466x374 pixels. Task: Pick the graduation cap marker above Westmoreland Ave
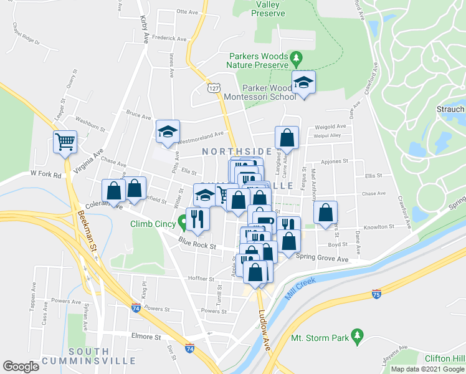[x=167, y=132]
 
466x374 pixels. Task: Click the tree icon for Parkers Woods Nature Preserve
[x=297, y=59]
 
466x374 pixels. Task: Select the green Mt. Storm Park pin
[x=357, y=335]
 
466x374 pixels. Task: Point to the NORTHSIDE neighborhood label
[x=237, y=151]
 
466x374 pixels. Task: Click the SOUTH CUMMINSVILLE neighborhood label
[x=102, y=355]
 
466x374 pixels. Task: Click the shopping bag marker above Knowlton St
[x=325, y=213]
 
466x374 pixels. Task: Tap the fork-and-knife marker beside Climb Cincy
[x=198, y=219]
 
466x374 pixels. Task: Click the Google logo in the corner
[x=21, y=366]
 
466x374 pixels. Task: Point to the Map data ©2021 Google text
[x=427, y=369]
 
